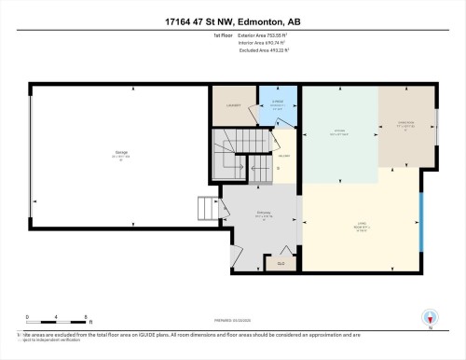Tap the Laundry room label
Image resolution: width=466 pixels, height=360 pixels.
pyautogui.click(x=234, y=105)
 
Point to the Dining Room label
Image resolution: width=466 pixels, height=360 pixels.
pyautogui.click(x=405, y=122)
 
